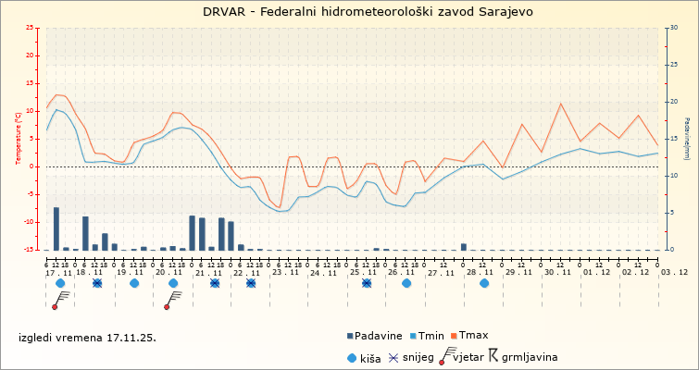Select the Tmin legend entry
point(430,336)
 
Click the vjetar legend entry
point(466,357)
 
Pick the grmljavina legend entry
point(522,357)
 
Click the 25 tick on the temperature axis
point(31,29)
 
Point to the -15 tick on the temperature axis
point(30,250)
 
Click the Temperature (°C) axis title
point(18,139)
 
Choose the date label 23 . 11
point(284,272)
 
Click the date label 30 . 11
point(556,272)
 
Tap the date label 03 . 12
point(673,272)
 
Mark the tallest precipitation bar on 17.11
point(56,228)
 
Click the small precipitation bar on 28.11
point(464,246)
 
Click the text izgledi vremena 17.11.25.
point(88,338)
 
